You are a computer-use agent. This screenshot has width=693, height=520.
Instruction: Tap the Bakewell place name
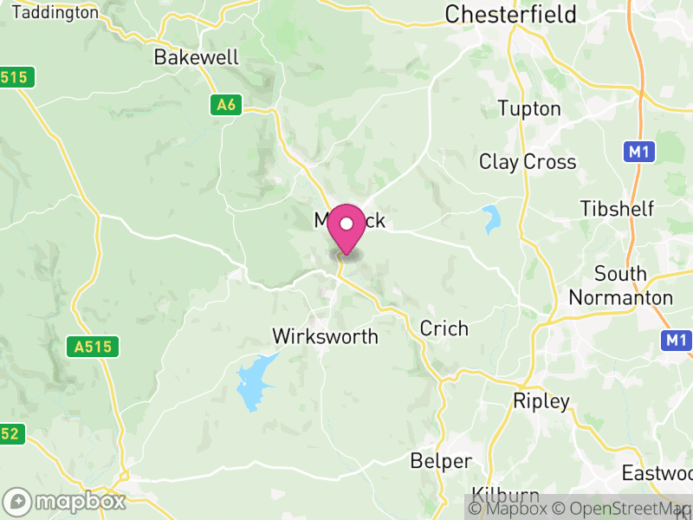pyautogui.click(x=196, y=58)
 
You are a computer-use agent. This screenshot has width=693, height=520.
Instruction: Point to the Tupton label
pyautogui.click(x=529, y=109)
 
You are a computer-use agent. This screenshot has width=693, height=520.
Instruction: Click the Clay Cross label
pyautogui.click(x=528, y=162)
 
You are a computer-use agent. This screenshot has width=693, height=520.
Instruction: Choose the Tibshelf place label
pyautogui.click(x=618, y=209)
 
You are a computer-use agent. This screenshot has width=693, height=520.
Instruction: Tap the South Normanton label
pyautogui.click(x=620, y=286)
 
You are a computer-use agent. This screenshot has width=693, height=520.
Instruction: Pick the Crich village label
pyautogui.click(x=444, y=328)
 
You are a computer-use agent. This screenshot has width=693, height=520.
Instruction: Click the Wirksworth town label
pyautogui.click(x=325, y=336)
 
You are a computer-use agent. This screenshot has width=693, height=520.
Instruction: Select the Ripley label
pyautogui.click(x=541, y=401)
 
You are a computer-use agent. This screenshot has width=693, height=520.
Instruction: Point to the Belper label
pyautogui.click(x=442, y=461)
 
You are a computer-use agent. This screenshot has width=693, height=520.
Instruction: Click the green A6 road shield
pyautogui.click(x=225, y=106)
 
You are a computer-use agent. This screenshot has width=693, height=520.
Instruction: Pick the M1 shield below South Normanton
pyautogui.click(x=677, y=340)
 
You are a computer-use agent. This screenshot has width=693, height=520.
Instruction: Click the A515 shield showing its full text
pyautogui.click(x=93, y=348)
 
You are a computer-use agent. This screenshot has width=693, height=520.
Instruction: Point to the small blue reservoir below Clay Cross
pyautogui.click(x=492, y=219)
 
